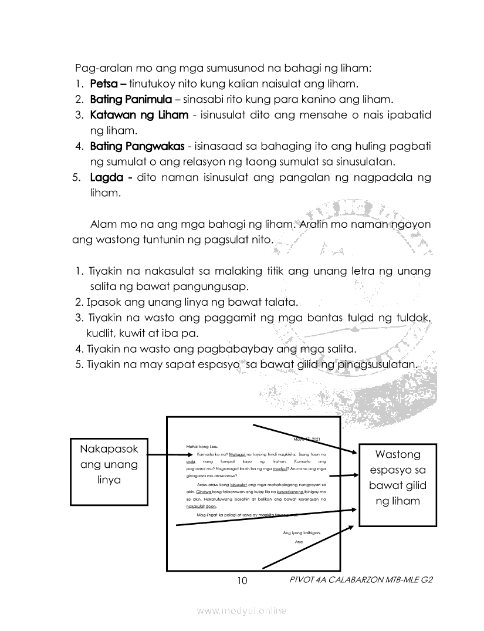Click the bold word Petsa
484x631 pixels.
click(x=103, y=83)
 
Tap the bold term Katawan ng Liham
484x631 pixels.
click(x=139, y=114)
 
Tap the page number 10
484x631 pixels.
click(x=242, y=581)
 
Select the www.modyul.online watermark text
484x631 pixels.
click(x=242, y=611)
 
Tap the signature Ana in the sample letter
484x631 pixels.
click(x=298, y=541)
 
